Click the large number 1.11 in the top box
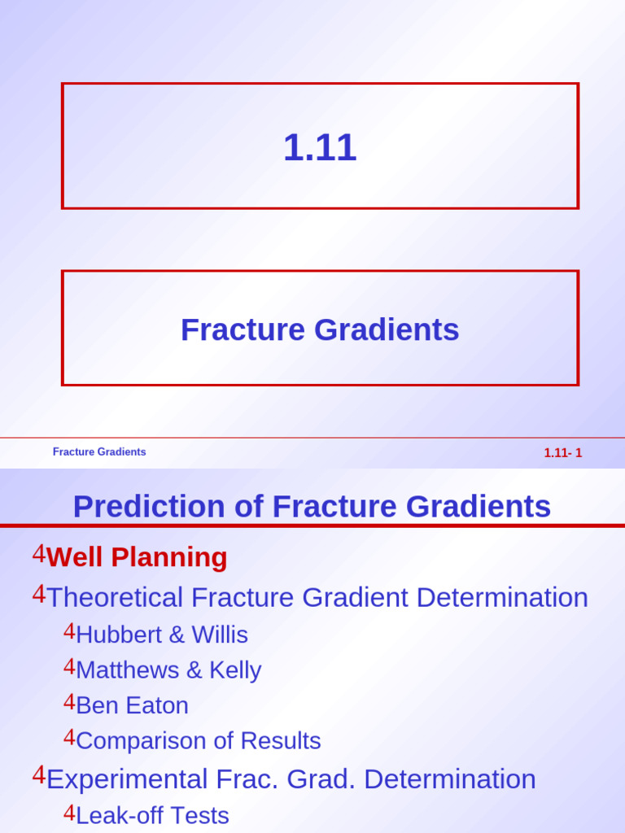319,147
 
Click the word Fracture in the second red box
243,329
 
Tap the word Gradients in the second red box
387,330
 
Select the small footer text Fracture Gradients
99,451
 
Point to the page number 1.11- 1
563,452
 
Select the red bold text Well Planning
137,557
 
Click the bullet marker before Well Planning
39,553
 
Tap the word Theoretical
115,597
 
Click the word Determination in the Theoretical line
502,597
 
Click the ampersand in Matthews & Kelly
194,670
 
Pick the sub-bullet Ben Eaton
133,705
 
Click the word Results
281,740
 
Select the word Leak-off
119,815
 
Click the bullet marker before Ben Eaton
70,702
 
